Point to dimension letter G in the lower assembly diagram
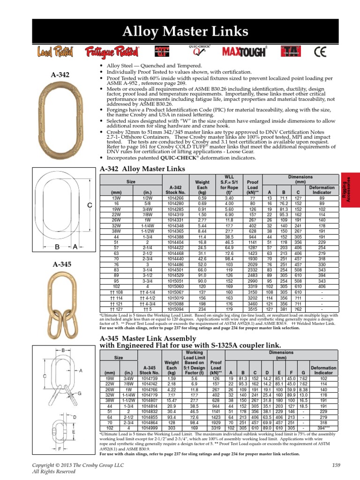81,393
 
